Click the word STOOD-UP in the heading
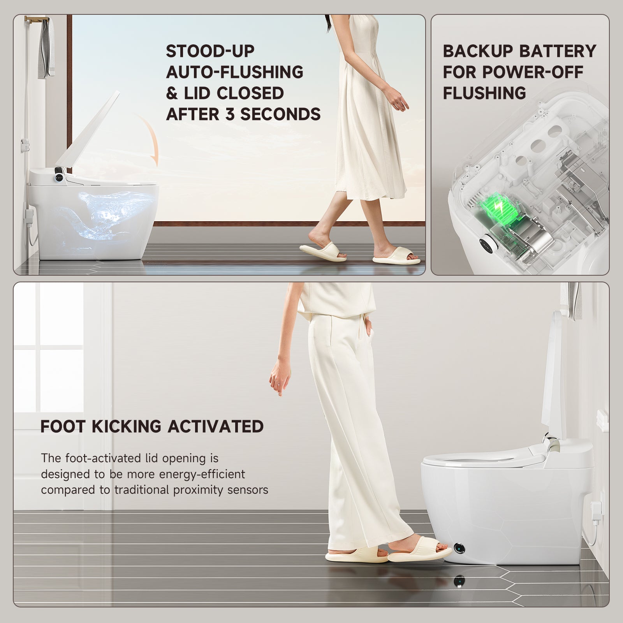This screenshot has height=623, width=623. [210, 51]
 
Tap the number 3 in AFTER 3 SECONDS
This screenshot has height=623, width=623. [231, 114]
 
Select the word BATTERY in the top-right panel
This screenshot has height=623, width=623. [558, 51]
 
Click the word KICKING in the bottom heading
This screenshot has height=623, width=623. [127, 426]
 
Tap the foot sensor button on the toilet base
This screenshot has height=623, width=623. [459, 548]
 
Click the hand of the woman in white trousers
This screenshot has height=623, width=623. [280, 376]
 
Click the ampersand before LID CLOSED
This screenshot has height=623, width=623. [172, 93]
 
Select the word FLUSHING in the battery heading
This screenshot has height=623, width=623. [484, 93]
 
